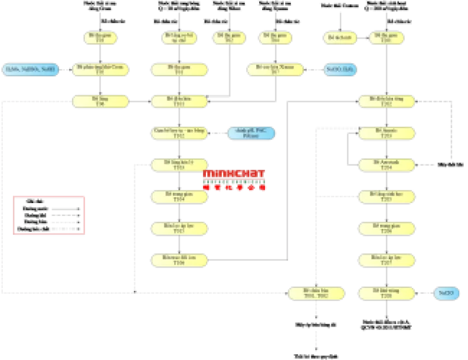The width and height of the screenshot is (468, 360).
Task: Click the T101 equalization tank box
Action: [x=179, y=102]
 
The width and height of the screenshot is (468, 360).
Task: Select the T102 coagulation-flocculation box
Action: [x=179, y=133]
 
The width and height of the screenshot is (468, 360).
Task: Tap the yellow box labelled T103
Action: [x=179, y=165]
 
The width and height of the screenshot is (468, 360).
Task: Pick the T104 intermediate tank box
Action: [x=179, y=197]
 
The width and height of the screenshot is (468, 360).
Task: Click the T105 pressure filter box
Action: [x=179, y=228]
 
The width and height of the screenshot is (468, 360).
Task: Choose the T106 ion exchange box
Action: [x=179, y=260]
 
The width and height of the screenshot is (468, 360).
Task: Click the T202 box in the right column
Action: [x=386, y=102]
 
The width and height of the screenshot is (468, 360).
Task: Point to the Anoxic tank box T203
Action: [x=386, y=133]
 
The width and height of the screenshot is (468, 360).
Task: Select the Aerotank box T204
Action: [x=386, y=165]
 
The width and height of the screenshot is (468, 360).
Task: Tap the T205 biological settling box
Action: [x=386, y=197]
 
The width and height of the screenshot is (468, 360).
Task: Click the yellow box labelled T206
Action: [x=386, y=228]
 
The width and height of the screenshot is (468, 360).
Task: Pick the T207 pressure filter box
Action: [x=386, y=260]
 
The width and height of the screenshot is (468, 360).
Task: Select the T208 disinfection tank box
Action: [x=386, y=293]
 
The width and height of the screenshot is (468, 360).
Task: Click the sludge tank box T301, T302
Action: [x=316, y=293]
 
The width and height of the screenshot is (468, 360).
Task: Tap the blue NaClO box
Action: [x=446, y=293]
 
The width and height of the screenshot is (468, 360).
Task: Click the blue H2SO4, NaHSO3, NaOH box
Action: [x=30, y=70]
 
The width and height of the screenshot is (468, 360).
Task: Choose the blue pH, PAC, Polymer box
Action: [x=251, y=133]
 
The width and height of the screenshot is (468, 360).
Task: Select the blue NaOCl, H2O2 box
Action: [x=340, y=70]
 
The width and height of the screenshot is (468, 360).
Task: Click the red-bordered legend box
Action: [x=49, y=216]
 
